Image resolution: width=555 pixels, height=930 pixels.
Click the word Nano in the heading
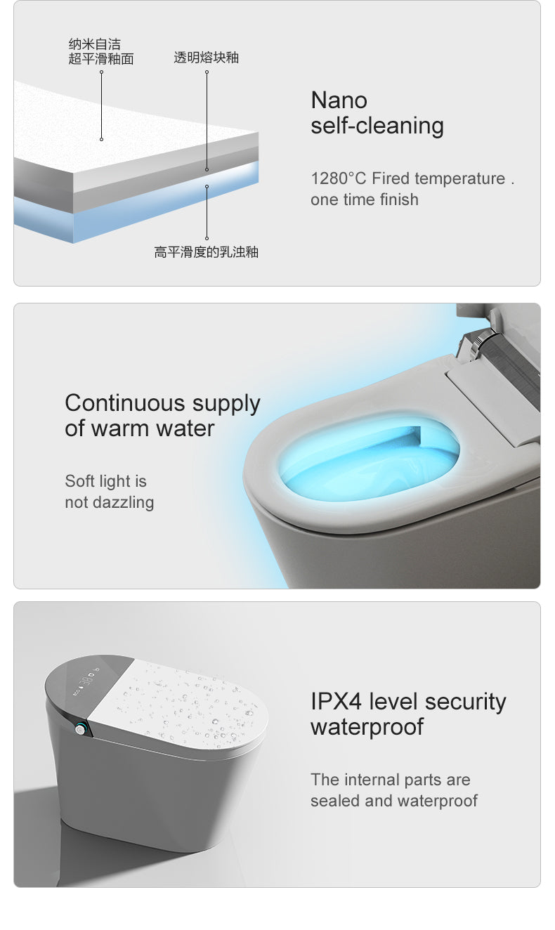339,100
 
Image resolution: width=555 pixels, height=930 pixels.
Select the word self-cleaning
377,126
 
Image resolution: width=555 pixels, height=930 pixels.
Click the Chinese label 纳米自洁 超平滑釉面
100,52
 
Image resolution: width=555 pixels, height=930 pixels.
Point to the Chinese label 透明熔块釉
206,58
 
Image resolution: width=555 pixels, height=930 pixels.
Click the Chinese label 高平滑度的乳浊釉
206,251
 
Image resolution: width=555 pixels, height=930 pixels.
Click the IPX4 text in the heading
337,702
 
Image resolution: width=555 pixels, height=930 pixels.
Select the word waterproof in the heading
367,727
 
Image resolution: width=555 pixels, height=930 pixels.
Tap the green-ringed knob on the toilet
83,729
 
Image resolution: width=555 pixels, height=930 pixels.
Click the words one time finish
364,199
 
